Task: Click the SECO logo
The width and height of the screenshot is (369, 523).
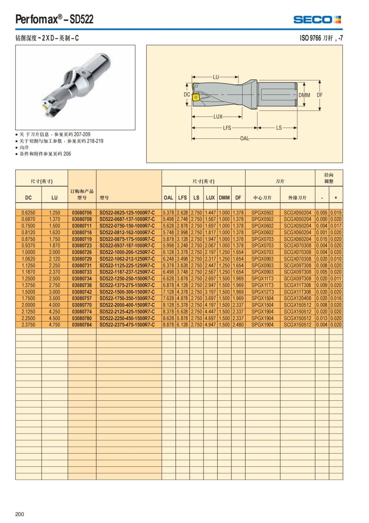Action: click(317, 20)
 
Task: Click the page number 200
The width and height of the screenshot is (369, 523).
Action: click(20, 514)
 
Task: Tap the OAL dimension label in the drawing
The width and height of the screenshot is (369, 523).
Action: click(244, 138)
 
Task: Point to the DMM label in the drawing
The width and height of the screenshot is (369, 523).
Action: click(304, 95)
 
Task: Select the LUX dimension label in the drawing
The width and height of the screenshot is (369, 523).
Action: click(218, 117)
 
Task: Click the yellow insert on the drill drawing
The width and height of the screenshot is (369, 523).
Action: click(196, 97)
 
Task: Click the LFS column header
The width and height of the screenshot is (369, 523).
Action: click(182, 198)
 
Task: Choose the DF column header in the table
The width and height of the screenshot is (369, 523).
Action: click(238, 198)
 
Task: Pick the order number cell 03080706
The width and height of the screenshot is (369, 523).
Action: click(82, 213)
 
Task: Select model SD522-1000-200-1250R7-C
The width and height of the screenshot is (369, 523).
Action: click(127, 252)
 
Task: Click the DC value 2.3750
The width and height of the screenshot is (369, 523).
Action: click(28, 325)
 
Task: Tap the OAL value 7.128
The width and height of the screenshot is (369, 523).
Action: click(169, 292)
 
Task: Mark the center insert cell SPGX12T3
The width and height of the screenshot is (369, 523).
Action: click(262, 292)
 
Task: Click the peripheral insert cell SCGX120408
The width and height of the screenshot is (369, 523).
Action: click(297, 298)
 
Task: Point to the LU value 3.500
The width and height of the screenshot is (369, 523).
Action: click(54, 298)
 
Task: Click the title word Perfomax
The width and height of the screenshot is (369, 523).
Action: click(36, 20)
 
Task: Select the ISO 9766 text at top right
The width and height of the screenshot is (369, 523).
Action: click(310, 38)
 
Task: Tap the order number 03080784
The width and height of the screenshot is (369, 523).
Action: click(82, 325)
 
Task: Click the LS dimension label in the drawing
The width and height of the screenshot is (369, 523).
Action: click(279, 128)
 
